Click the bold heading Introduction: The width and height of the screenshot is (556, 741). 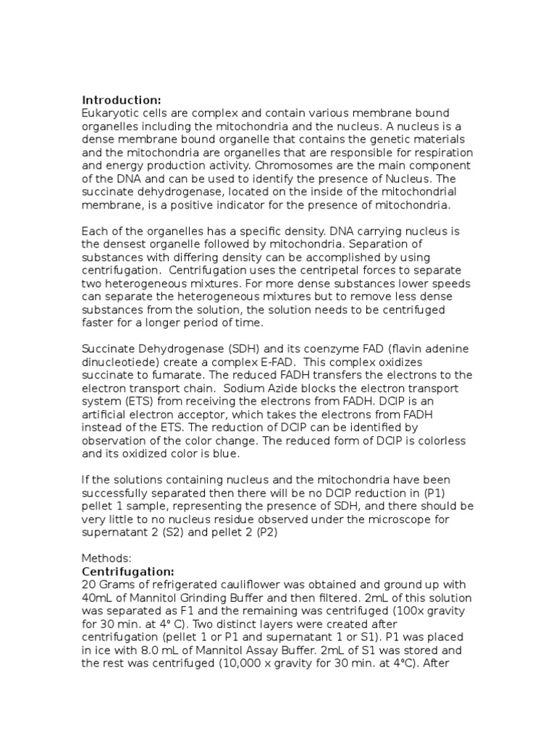(x=122, y=100)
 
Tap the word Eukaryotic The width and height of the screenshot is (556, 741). (x=110, y=113)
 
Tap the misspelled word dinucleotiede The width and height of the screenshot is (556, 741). (x=117, y=362)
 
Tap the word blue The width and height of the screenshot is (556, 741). (x=227, y=454)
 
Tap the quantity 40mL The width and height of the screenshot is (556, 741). (x=96, y=598)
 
